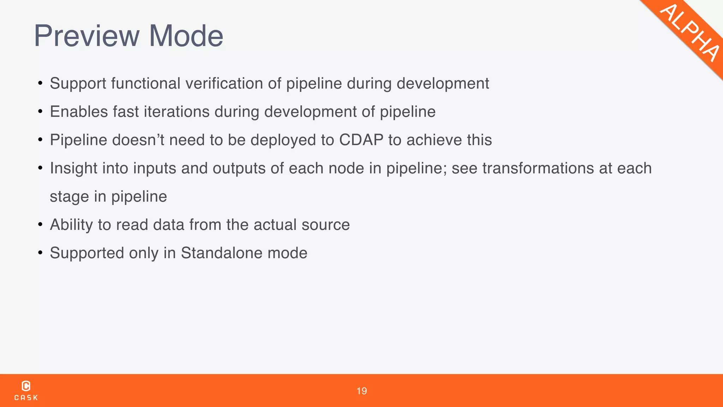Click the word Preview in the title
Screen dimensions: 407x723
(87, 36)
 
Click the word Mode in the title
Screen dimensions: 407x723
(186, 36)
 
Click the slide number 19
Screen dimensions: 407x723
(361, 391)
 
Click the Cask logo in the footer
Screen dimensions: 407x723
(26, 390)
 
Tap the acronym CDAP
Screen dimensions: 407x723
(361, 140)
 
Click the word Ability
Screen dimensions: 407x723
(71, 225)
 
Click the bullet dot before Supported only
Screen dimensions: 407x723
(40, 253)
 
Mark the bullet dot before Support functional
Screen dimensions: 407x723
(40, 84)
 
